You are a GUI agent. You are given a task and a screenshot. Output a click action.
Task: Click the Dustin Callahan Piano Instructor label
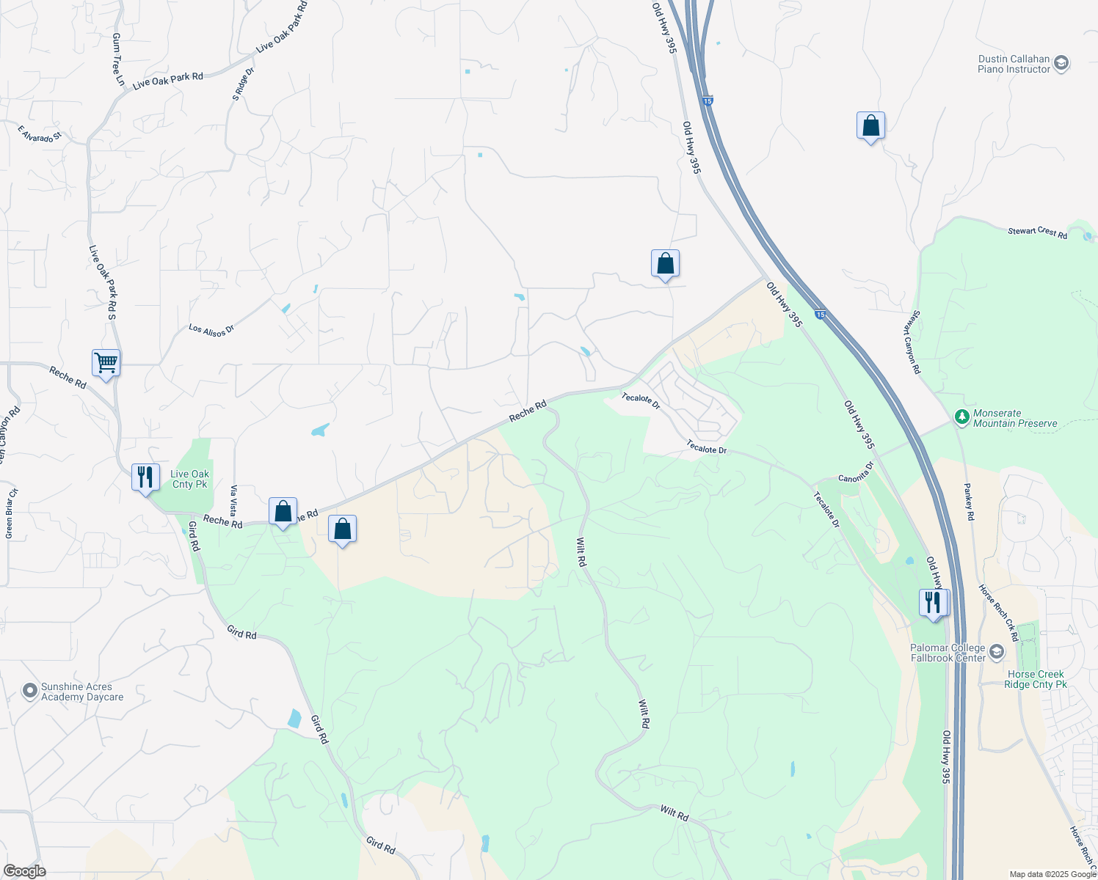pos(1014,65)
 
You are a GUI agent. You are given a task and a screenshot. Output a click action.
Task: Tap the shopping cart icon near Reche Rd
pos(106,363)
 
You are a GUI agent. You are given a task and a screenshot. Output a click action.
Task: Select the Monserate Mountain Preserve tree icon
pos(961,417)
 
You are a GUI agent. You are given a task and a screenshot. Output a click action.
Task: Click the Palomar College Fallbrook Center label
pos(948,653)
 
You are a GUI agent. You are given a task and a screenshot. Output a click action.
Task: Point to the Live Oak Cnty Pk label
pos(189,480)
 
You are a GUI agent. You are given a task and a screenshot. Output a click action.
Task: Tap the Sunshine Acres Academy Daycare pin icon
pos(29,691)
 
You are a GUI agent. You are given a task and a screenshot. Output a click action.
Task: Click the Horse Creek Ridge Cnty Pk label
pos(1035,679)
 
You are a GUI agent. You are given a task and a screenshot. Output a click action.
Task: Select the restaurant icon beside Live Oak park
pos(145,477)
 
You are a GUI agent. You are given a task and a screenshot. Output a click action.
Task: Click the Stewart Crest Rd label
pos(1037,232)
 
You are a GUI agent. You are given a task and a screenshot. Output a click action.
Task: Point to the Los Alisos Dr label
pos(211,330)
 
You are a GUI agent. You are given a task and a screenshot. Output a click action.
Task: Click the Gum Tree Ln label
pos(118,59)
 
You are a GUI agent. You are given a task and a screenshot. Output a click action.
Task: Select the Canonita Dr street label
pos(856,472)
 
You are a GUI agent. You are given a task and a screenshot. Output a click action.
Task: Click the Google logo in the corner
pos(24,871)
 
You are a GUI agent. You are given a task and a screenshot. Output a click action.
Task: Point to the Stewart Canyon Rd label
pos(912,342)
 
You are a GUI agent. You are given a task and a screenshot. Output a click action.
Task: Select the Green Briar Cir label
pos(10,513)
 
